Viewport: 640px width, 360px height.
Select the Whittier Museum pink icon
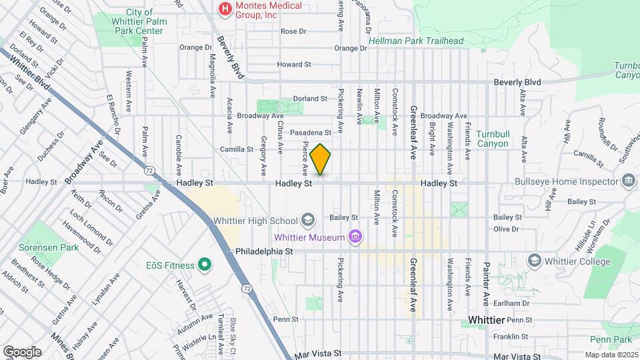355,237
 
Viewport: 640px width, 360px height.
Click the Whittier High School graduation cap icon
307,219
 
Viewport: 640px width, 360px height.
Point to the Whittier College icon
534,260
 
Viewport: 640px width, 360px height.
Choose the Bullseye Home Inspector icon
627,181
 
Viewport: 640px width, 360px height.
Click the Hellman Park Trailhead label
417,41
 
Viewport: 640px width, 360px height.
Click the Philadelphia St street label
265,252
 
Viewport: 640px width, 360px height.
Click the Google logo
22,351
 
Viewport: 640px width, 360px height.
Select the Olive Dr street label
506,229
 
